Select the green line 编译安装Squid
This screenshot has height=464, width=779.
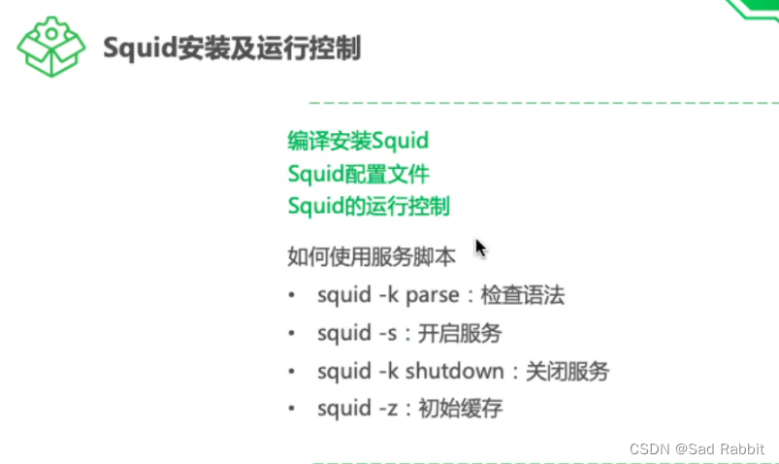coord(358,140)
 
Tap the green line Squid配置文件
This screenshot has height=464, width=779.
coord(358,174)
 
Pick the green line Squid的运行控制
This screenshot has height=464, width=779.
coord(369,207)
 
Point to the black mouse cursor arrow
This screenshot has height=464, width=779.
coord(479,248)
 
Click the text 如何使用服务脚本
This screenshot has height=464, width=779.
coord(372,258)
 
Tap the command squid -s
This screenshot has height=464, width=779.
coord(357,333)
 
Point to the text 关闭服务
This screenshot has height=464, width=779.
coord(567,371)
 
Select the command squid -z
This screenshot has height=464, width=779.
coord(357,408)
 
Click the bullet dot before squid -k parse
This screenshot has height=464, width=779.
coord(291,296)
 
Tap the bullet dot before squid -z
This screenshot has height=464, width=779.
coord(291,409)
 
